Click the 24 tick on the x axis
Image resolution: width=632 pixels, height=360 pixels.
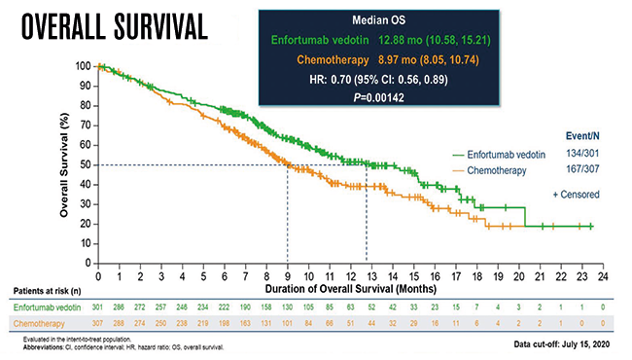(603, 276)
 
